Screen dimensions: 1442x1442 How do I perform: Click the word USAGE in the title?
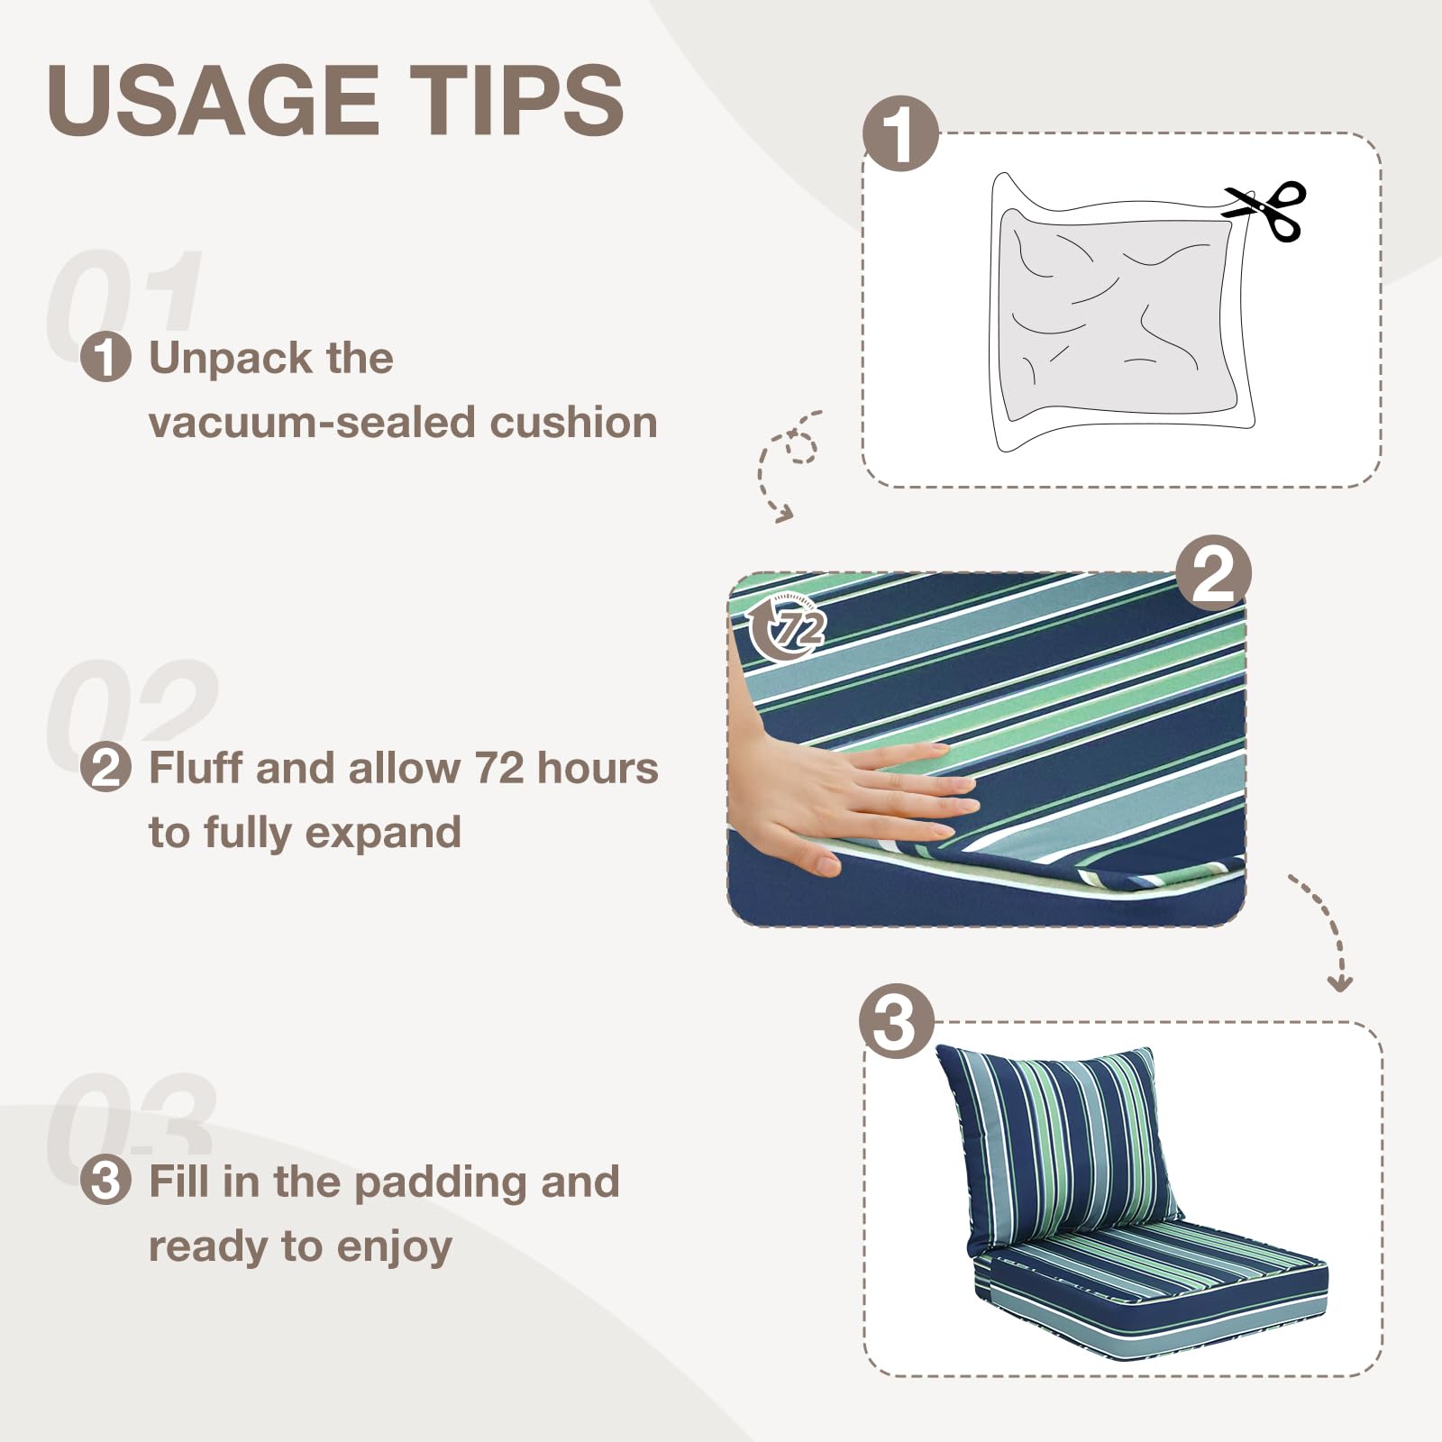(213, 101)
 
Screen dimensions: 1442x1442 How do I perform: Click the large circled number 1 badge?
(900, 133)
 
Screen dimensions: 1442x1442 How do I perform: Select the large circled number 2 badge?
(1213, 573)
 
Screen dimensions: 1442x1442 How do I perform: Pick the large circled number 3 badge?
(897, 1021)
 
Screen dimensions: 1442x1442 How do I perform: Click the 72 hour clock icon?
(787, 628)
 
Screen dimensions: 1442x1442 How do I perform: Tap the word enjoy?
(394, 1247)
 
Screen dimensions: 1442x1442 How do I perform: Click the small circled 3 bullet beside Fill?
(105, 1181)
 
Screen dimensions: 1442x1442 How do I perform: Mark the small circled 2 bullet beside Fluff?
(105, 769)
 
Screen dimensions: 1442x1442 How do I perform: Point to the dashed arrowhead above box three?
(1340, 984)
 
